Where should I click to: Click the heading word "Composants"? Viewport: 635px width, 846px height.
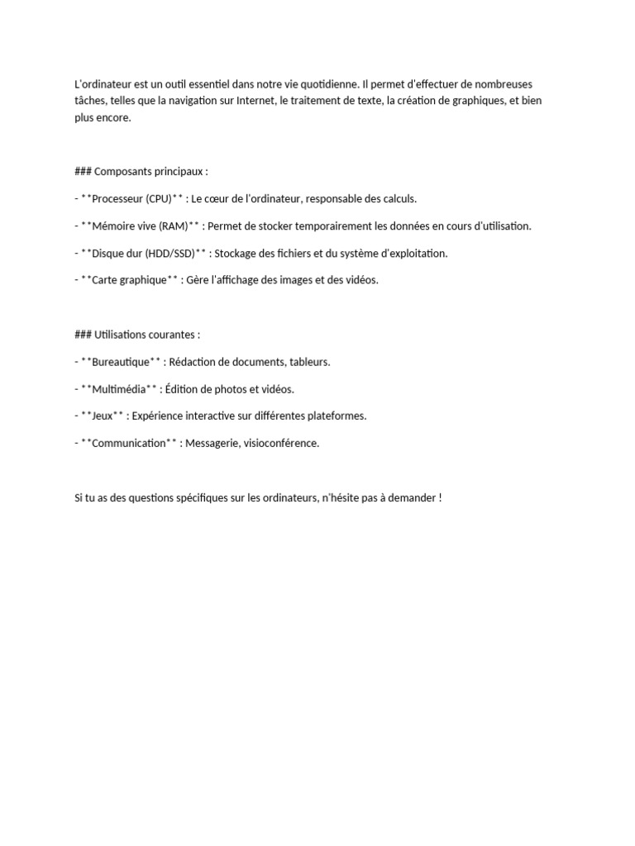122,172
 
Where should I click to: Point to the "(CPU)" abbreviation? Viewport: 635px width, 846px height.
158,199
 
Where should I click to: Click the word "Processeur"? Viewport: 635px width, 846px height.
117,199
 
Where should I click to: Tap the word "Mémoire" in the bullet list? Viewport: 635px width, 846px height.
115,226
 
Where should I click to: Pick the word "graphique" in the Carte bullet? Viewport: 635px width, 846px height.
142,280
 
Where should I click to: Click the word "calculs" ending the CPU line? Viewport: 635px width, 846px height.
399,199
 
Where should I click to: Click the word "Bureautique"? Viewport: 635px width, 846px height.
122,362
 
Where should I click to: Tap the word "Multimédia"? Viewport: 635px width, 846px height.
119,389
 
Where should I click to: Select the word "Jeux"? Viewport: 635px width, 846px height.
103,416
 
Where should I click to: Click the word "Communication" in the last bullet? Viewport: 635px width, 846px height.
129,443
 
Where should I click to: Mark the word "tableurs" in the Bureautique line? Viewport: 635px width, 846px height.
309,362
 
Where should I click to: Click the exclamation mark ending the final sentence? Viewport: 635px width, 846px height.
441,497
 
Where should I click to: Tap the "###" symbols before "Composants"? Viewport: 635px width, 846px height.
83,172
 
